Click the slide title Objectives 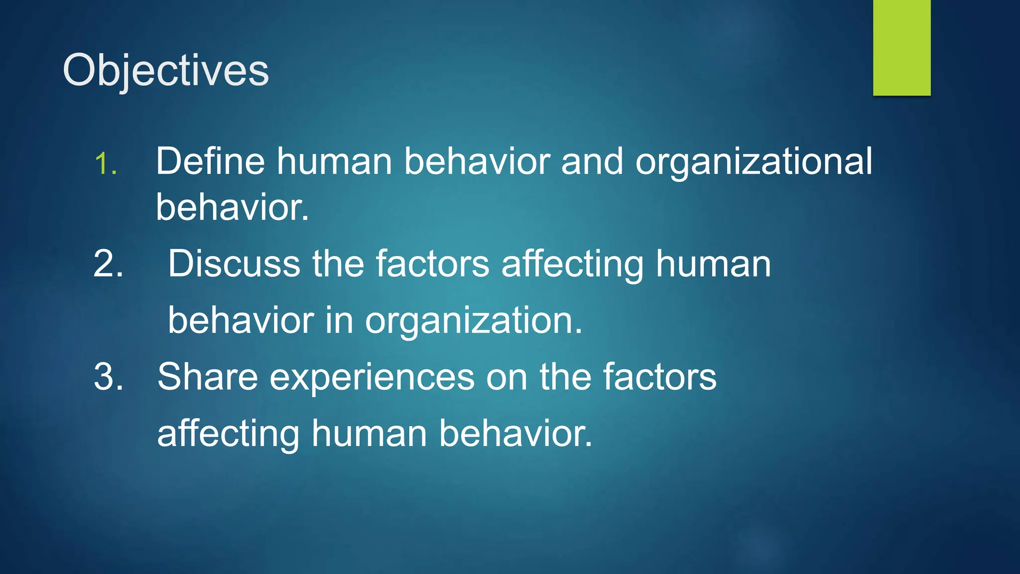166,71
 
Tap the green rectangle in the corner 901,48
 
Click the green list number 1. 106,164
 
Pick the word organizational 754,162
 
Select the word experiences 372,377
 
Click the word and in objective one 592,161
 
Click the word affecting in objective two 572,264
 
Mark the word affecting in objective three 228,433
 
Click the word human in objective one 334,161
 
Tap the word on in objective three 507,377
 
